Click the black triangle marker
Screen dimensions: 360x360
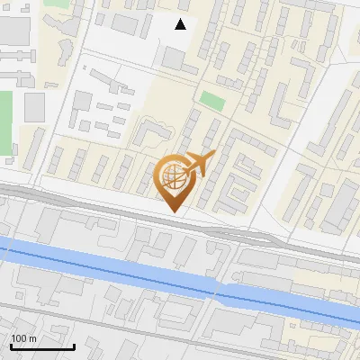pyautogui.click(x=181, y=24)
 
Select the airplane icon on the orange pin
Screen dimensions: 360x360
pyautogui.click(x=198, y=165)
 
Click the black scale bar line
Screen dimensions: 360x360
pyautogui.click(x=42, y=347)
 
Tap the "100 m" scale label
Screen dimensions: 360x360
pyautogui.click(x=23, y=338)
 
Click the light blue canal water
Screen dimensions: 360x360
pyautogui.click(x=108, y=266)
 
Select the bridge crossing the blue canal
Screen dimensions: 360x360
pyautogui.click(x=225, y=286)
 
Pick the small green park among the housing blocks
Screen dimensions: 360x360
pyautogui.click(x=212, y=100)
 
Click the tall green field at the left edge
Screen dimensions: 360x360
pyautogui.click(x=5, y=121)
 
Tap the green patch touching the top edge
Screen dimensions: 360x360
pyautogui.click(x=56, y=4)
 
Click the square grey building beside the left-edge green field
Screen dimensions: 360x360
pyautogui.click(x=34, y=107)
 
